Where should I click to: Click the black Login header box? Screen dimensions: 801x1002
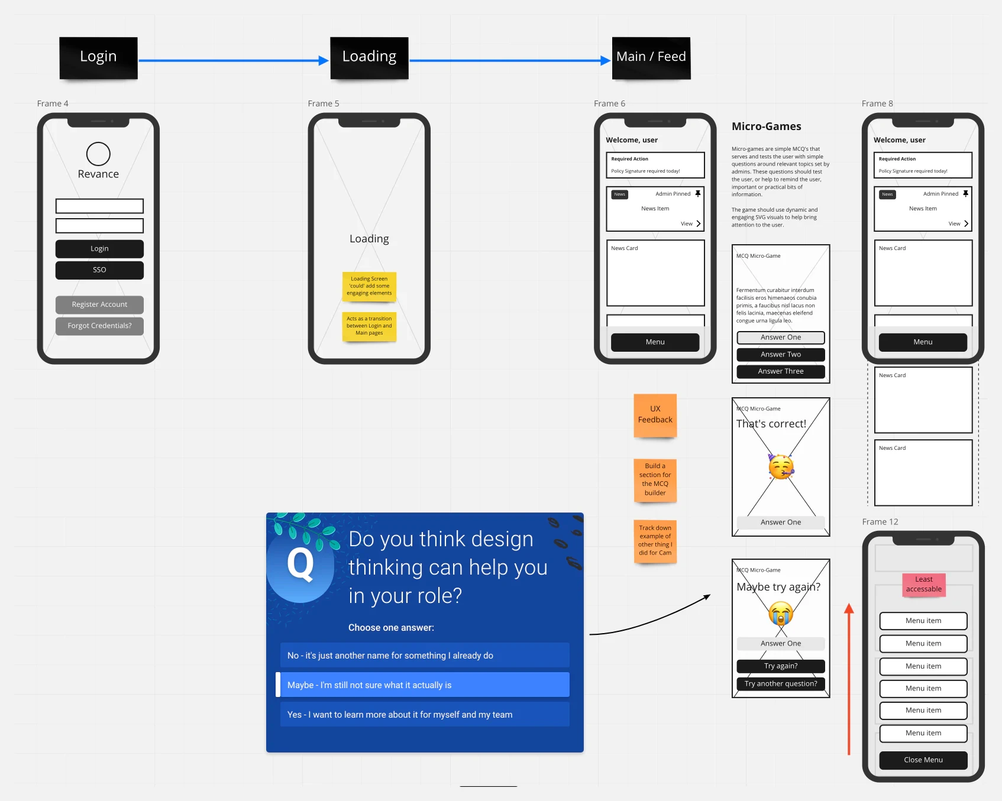pos(98,57)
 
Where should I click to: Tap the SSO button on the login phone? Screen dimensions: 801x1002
pos(99,270)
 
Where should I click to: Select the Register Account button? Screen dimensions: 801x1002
pos(99,304)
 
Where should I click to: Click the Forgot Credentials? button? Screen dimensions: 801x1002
pos(99,326)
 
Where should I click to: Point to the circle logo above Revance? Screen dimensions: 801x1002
pos(98,154)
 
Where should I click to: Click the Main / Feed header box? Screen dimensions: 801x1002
pos(651,57)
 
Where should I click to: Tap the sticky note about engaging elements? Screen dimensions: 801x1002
pos(369,286)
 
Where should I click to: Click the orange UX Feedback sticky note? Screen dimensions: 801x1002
pos(655,414)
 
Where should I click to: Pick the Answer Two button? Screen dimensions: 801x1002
pos(781,355)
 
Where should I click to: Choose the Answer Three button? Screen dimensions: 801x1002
pos(781,371)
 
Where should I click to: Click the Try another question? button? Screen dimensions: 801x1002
pos(781,684)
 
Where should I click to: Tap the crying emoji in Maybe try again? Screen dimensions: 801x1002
pos(781,614)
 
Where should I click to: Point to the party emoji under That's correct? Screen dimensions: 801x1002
pos(781,467)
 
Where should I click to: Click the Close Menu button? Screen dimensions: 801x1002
pos(923,760)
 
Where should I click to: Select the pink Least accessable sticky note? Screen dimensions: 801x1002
pos(923,584)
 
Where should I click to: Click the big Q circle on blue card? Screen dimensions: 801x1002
pos(300,565)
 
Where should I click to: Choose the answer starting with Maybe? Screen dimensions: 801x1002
pos(424,685)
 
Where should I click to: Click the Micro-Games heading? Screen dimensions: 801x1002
pos(766,126)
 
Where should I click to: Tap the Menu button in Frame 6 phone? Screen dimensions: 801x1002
pos(655,342)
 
